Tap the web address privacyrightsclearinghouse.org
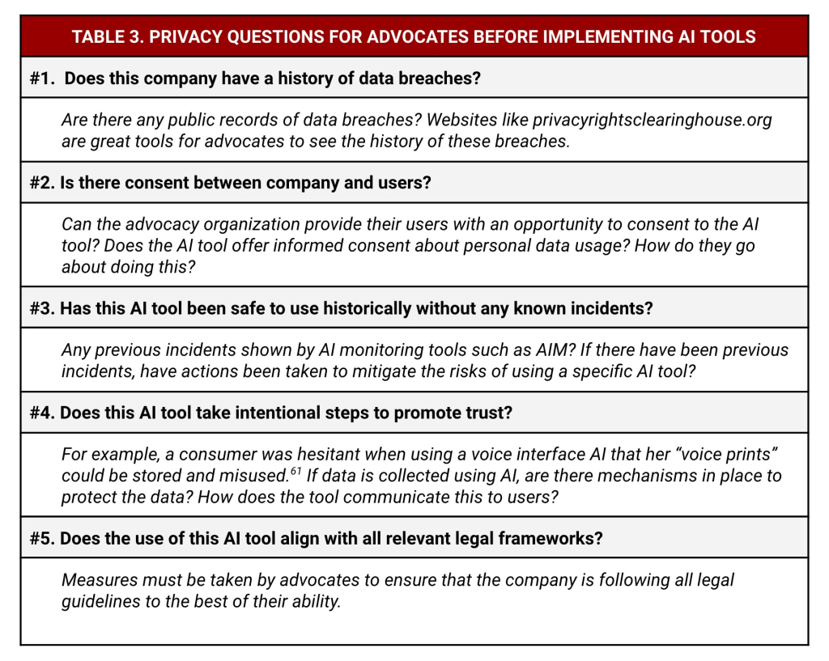point(653,120)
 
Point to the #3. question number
point(41,308)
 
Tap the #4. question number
point(41,413)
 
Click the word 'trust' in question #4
point(489,413)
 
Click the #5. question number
point(41,538)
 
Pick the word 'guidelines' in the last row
point(101,601)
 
